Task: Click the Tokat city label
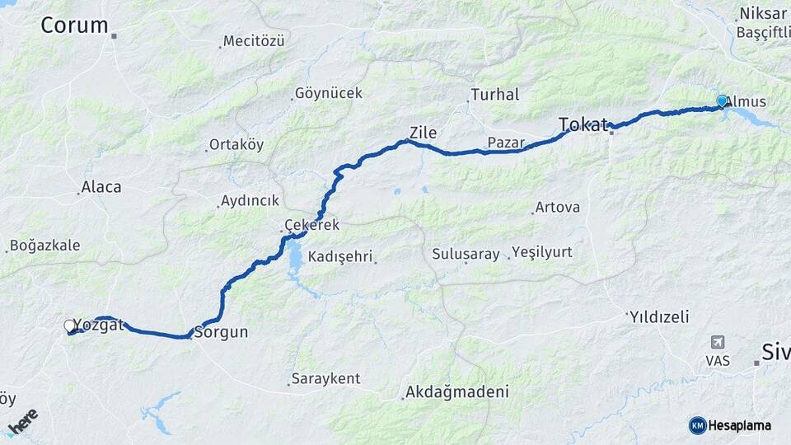583,124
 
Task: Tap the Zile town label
423,133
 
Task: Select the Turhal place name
494,95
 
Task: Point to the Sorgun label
220,333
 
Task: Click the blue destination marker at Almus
722,101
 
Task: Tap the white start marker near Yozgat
70,326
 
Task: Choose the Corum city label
74,26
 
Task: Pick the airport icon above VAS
718,342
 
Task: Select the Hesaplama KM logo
730,425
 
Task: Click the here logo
22,421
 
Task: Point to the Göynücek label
328,93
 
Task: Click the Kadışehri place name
342,257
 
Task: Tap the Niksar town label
763,13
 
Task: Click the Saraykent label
327,379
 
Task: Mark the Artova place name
557,208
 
